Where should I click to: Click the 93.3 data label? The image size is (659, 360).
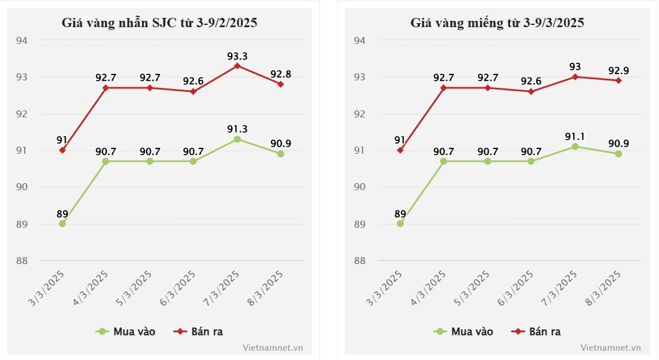[x=237, y=56]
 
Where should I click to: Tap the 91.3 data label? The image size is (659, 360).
[x=237, y=129]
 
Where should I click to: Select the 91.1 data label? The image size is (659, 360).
[x=575, y=136]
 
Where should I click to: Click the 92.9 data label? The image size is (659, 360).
[x=618, y=70]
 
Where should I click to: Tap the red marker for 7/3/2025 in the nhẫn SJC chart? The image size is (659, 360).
[x=237, y=66]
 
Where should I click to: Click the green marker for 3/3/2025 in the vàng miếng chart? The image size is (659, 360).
[x=400, y=224]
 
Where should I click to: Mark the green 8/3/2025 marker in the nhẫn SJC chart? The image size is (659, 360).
[x=280, y=154]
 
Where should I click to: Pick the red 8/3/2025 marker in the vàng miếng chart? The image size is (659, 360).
[x=618, y=80]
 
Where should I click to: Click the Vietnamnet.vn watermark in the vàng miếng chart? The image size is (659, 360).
[x=610, y=348]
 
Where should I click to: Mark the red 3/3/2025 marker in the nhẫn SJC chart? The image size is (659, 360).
[x=62, y=150]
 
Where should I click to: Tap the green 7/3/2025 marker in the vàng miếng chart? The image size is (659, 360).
[x=575, y=147]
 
